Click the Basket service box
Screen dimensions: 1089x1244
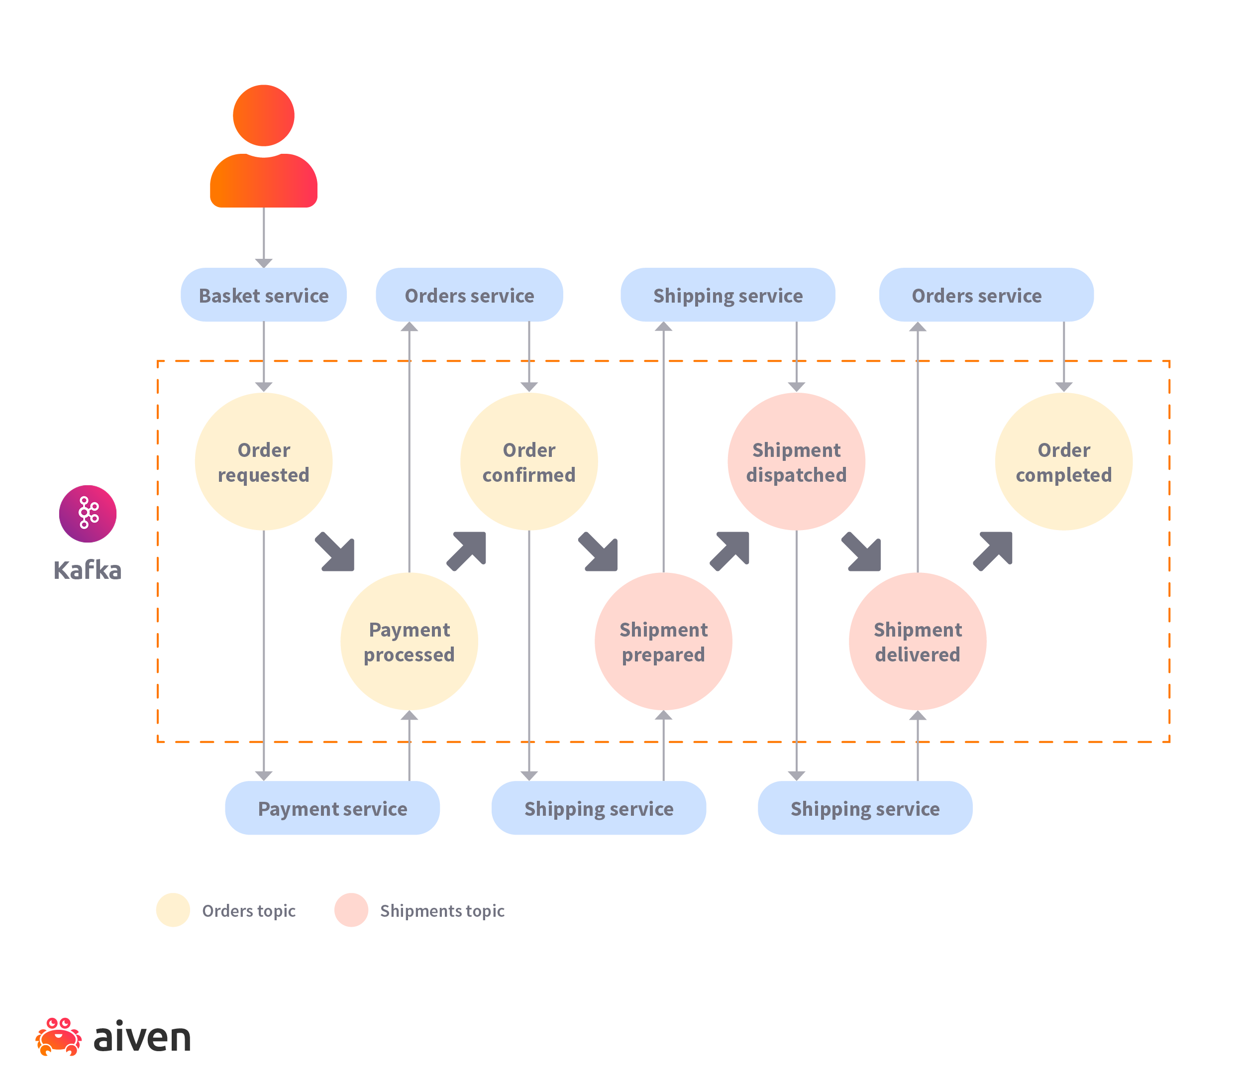263,295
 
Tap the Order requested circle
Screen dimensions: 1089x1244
263,461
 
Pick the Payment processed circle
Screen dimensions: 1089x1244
409,641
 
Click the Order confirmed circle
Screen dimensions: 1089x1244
528,461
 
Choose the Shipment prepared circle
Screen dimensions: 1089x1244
663,641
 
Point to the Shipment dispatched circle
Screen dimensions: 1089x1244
796,461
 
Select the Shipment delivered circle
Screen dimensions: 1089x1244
917,641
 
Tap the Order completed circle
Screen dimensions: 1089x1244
1063,461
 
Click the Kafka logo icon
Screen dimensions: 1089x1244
88,514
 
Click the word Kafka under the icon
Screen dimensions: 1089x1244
88,570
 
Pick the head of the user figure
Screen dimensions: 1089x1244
263,115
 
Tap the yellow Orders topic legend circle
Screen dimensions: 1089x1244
173,910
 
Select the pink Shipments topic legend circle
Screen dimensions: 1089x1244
351,910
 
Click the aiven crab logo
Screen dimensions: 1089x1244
58,1037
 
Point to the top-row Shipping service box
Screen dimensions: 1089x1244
727,295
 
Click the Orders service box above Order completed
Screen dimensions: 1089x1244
986,295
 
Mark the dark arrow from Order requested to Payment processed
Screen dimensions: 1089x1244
336,552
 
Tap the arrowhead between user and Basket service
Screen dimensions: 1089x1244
263,262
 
